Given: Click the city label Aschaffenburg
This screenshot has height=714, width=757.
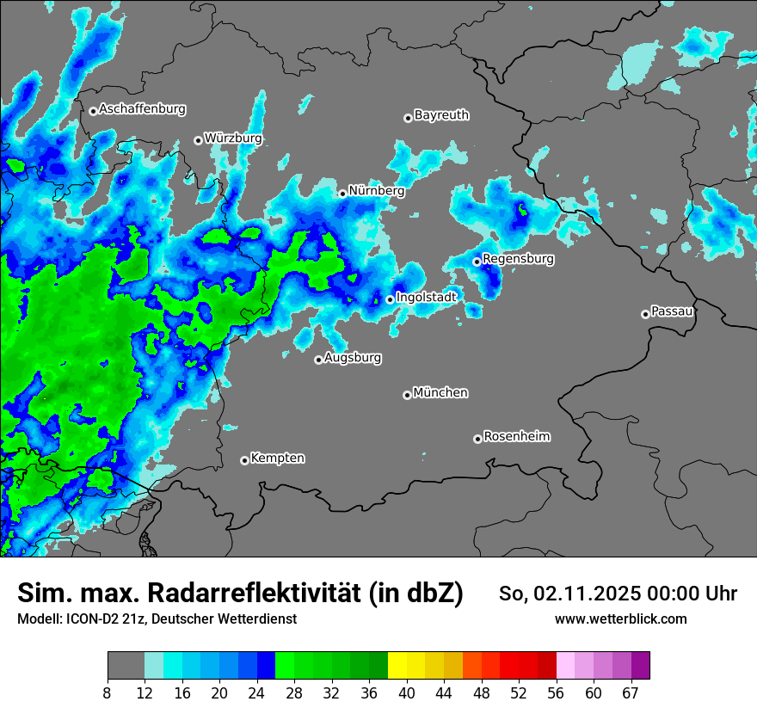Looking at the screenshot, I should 142,109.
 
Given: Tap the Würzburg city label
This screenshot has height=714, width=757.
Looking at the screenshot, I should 233,138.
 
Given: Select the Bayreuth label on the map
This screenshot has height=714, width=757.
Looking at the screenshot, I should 441,114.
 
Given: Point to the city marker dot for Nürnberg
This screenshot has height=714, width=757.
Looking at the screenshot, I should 342,194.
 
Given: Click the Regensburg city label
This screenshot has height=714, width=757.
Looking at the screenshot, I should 518,258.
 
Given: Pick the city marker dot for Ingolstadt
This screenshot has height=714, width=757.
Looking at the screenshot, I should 390,299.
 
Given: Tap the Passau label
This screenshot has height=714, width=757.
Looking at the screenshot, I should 673,311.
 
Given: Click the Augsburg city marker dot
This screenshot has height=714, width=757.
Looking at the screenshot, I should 318,360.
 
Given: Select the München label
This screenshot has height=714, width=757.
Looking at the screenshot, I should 440,392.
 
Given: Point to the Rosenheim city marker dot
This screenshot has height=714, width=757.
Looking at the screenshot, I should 477,439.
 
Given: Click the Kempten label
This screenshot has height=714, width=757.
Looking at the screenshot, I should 277,458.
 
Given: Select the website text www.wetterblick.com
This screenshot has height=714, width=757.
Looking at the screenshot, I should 620,619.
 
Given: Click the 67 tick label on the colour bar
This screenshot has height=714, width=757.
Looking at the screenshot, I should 631,692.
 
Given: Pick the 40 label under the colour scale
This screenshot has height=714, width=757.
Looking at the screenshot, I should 408,692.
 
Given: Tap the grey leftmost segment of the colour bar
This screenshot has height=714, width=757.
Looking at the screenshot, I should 126,666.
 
